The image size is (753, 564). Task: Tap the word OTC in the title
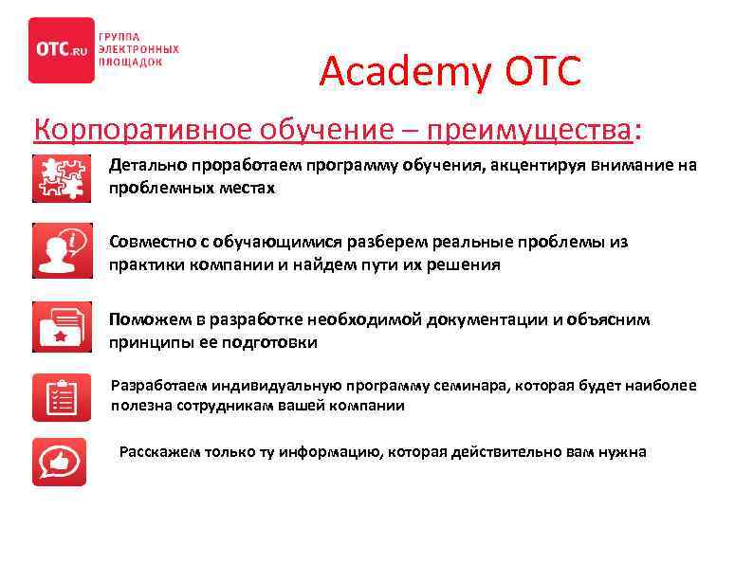point(543,71)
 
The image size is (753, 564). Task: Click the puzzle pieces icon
point(62,177)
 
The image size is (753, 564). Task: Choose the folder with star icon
point(62,325)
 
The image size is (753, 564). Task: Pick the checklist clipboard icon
point(62,396)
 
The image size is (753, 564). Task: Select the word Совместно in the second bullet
point(153,242)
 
